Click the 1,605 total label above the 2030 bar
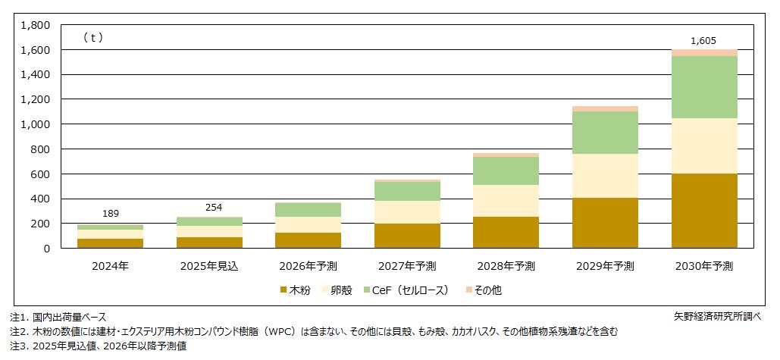[x=703, y=41]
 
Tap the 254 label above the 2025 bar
[x=210, y=207]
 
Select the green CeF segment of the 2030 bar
[x=704, y=87]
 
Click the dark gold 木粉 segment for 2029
[x=605, y=223]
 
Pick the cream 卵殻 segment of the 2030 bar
[x=704, y=146]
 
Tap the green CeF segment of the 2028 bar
[x=506, y=171]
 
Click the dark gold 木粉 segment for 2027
[x=407, y=236]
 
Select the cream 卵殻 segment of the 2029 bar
[x=605, y=176]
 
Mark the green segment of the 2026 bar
[x=308, y=209]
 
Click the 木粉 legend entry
[x=296, y=290]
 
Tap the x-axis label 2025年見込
[x=210, y=266]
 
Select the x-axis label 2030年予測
[x=704, y=266]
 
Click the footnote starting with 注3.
[x=98, y=346]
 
